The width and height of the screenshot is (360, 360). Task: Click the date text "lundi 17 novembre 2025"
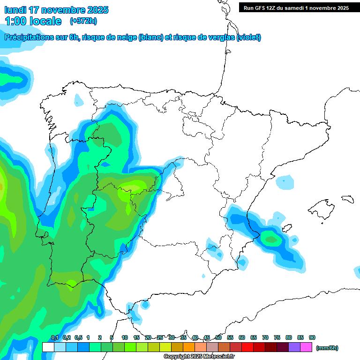56,10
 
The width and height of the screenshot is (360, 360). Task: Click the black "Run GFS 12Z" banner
296,8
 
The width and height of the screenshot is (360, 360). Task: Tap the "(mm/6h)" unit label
327,348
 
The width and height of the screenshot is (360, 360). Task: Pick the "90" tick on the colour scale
312,337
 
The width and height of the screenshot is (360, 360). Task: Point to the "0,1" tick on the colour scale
54,337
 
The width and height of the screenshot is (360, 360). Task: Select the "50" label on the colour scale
218,337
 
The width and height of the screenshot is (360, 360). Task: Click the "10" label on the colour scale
125,337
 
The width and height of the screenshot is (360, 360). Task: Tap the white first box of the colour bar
48,347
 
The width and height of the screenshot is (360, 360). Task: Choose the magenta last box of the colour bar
306,347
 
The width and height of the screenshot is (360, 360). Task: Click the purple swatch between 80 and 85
294,347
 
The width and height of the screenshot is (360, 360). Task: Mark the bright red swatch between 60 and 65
247,347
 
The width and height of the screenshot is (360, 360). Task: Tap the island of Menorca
348,199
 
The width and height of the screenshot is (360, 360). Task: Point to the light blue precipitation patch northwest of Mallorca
285,182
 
